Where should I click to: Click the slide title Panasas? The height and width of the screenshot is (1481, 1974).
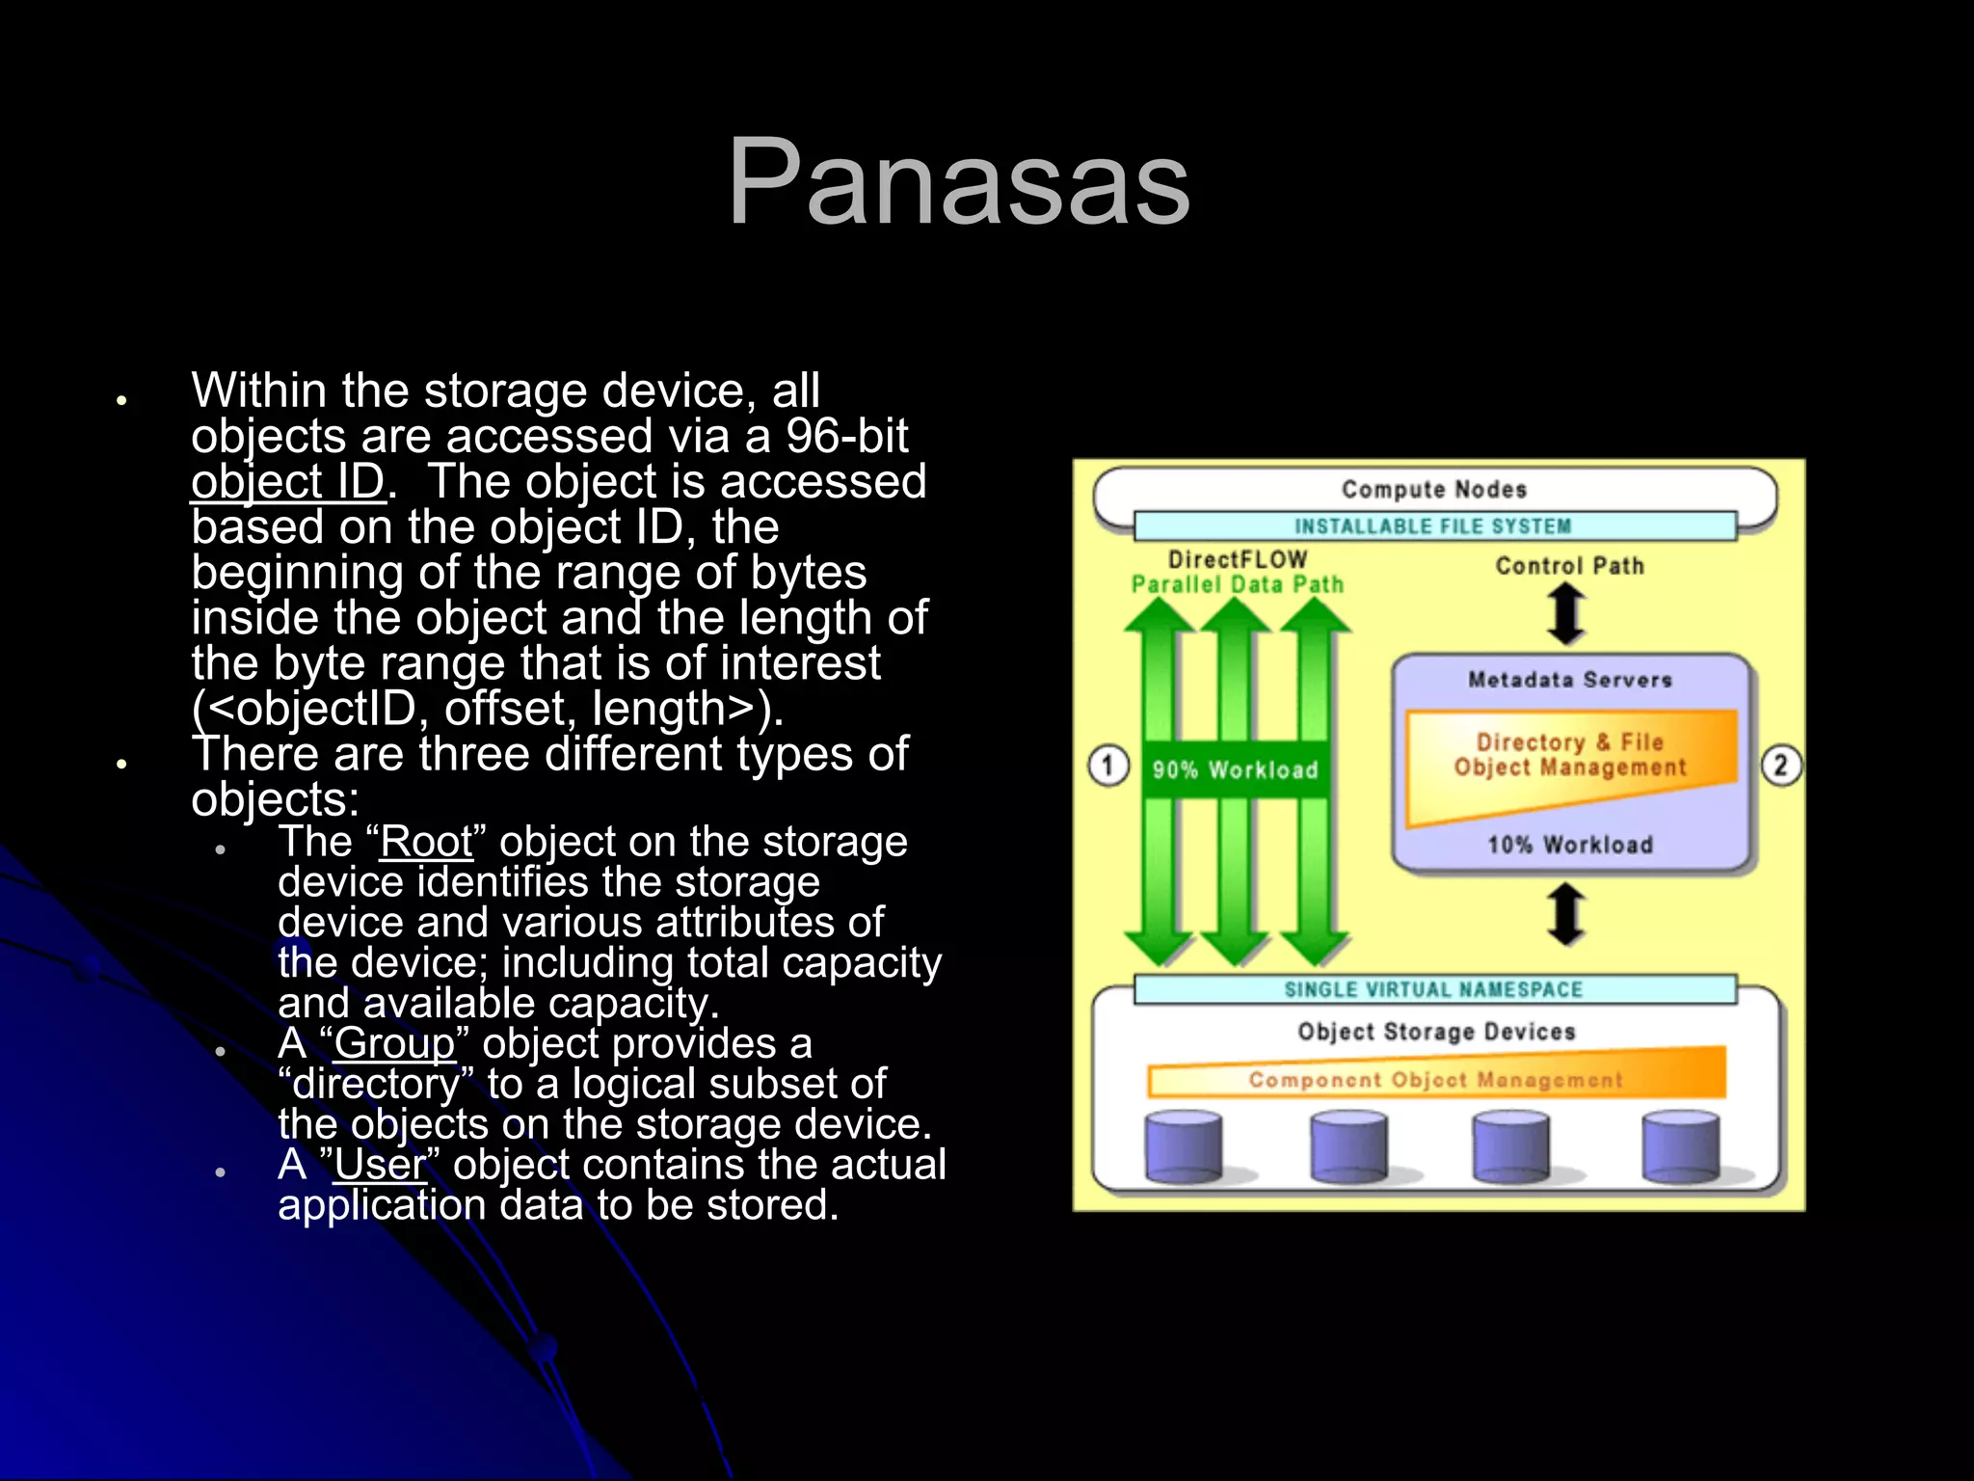click(959, 183)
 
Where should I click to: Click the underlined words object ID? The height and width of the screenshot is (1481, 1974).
click(287, 481)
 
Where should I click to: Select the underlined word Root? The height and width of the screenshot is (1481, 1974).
click(426, 842)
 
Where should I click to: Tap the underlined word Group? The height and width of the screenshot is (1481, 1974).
click(394, 1043)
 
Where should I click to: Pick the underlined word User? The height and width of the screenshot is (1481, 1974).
click(379, 1164)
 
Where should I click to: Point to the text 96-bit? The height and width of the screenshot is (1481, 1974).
click(846, 436)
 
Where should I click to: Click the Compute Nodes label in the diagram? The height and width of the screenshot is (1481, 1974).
click(1433, 490)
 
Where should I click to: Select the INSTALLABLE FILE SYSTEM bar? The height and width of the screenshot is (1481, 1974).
click(1433, 526)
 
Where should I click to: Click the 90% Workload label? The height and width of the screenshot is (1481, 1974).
click(1235, 769)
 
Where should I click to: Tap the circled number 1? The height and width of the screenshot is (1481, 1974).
click(1108, 767)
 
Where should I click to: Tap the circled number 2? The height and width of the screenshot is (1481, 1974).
click(1780, 767)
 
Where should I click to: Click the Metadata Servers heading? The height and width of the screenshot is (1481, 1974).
click(1569, 680)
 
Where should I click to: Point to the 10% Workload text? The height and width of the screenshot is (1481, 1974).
click(1569, 846)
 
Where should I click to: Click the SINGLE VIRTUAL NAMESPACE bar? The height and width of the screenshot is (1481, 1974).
click(1433, 990)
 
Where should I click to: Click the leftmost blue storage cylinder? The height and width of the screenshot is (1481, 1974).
click(1184, 1146)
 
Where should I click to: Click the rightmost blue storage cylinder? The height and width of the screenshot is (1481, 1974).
click(1680, 1146)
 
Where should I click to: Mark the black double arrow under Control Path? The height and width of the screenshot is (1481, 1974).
click(1566, 615)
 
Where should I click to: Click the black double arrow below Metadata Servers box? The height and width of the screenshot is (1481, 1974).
click(1566, 913)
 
